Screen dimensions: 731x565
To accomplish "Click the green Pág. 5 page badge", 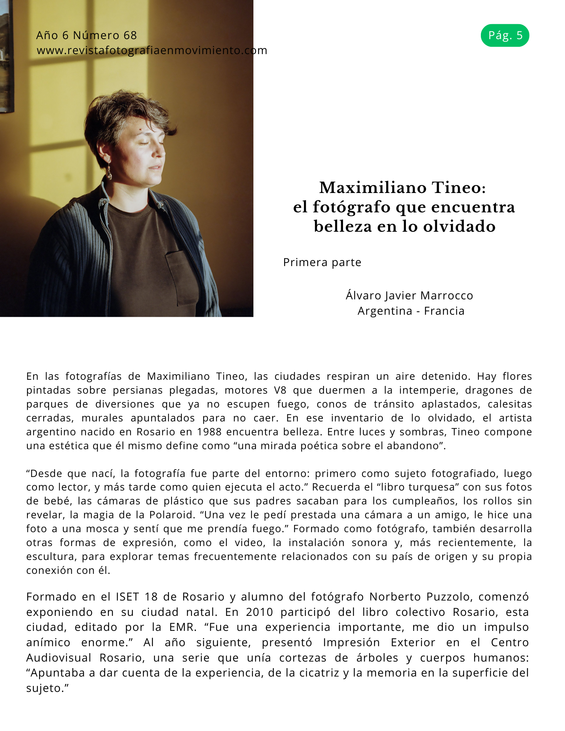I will [505, 35].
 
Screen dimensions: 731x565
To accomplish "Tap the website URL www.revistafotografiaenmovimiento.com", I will [152, 50].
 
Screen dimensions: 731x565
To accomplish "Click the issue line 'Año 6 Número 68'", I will [86, 35].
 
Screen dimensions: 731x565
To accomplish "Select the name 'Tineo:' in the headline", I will [459, 188].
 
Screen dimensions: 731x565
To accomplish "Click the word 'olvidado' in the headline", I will [459, 226].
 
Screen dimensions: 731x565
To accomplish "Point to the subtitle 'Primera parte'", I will [322, 262].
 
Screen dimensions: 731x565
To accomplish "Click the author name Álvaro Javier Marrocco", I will [409, 295].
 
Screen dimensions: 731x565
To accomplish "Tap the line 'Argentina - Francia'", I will [411, 311].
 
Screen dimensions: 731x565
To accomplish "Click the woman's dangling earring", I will [109, 172].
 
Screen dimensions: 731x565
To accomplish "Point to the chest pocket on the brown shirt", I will [182, 270].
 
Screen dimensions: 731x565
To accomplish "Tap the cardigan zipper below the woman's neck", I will [106, 219].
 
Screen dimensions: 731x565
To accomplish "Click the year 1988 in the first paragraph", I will [209, 432].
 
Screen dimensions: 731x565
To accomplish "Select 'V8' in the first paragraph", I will [280, 390].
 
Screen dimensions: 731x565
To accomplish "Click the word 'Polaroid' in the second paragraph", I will [171, 515].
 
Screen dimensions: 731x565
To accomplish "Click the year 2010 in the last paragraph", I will [259, 612].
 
